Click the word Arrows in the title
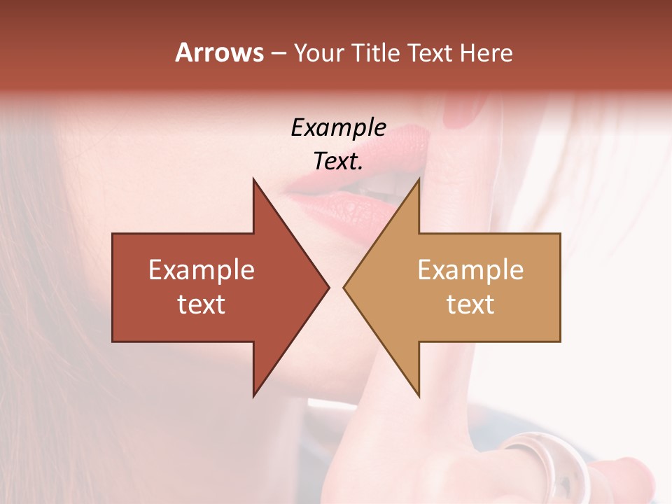(219, 52)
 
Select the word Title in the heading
(377, 53)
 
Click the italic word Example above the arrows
(338, 127)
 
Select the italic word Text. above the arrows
(338, 162)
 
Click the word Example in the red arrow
(201, 270)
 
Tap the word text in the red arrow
(201, 304)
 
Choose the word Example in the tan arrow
(470, 270)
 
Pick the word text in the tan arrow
(470, 304)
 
